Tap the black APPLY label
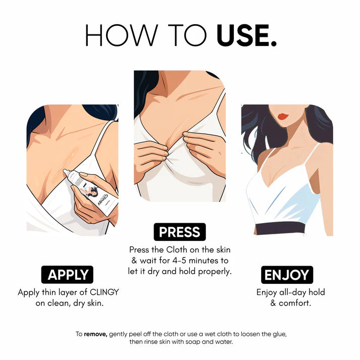tap(68, 275)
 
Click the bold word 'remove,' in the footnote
tap(95, 334)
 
